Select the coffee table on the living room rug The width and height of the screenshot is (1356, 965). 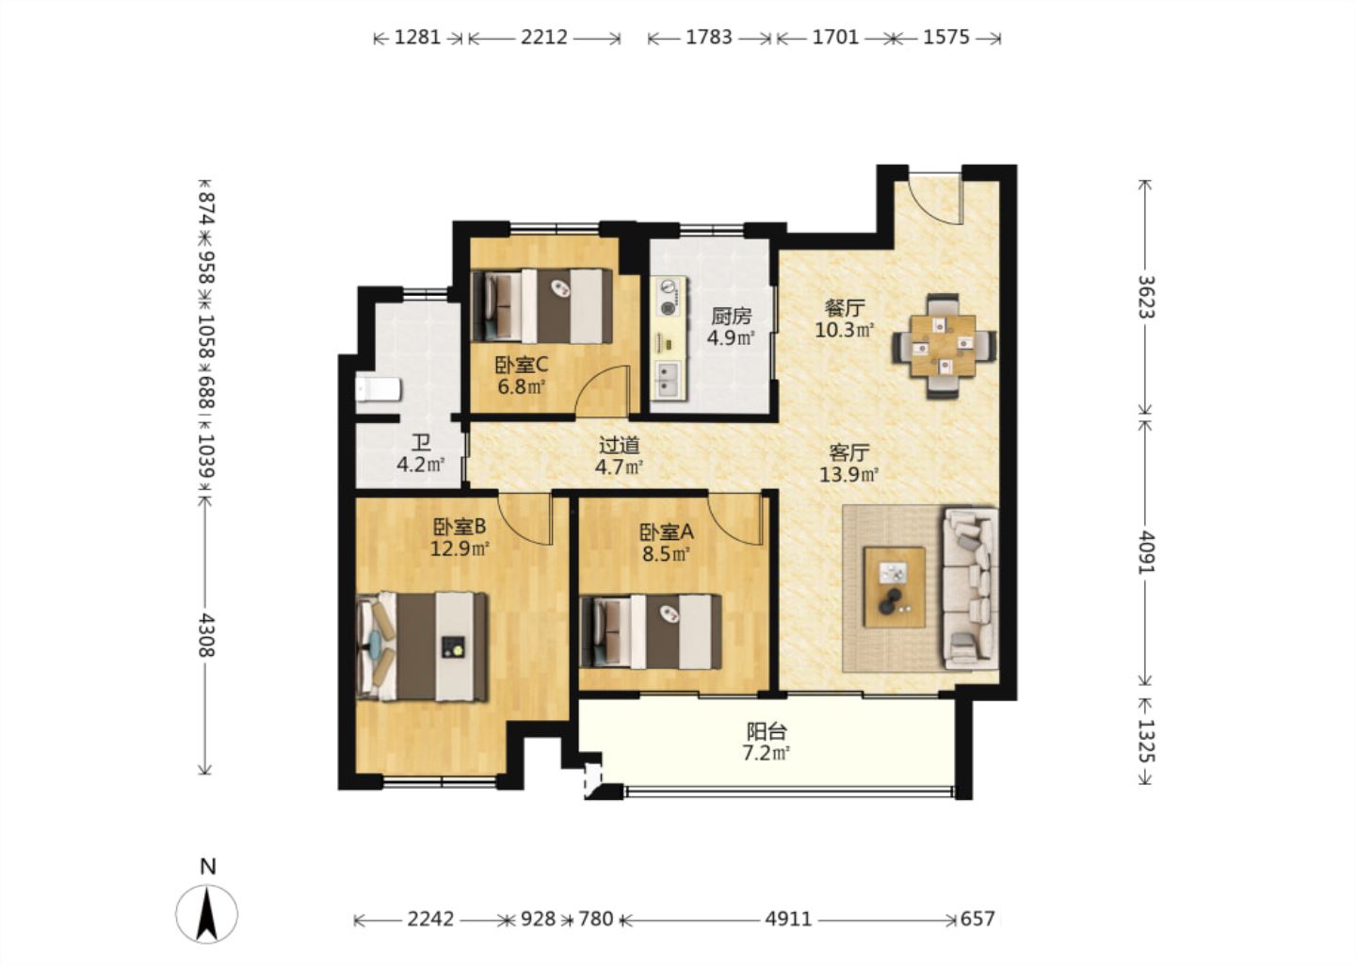pos(895,587)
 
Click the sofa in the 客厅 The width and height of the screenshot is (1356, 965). pos(970,589)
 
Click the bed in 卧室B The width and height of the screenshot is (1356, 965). pos(423,646)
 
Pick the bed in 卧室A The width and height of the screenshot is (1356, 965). pos(651,631)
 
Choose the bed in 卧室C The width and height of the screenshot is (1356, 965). pos(542,306)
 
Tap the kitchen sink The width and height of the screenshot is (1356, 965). pos(669,380)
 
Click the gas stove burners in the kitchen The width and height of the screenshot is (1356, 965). pos(669,297)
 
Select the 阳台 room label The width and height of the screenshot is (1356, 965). pos(767,731)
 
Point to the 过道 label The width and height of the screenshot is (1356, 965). pos(620,446)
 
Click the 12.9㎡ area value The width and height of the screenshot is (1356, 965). pos(460,548)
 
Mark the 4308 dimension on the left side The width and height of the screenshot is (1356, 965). pos(207,635)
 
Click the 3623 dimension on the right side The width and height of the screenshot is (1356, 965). pos(1146,297)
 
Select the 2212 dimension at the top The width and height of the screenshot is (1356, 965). pos(544,38)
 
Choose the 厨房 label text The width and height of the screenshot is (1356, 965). pos(732,316)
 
